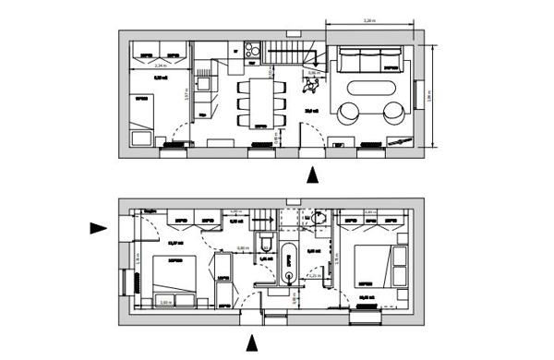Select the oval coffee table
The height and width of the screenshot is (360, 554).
tap(373, 94)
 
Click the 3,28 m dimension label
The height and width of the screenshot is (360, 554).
tap(367, 19)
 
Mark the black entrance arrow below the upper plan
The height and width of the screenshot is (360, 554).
tap(314, 173)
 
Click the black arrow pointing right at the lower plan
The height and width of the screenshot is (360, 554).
tap(99, 228)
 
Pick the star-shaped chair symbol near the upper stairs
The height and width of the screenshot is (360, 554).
tap(312, 86)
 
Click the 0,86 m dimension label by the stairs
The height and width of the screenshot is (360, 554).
tap(312, 72)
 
